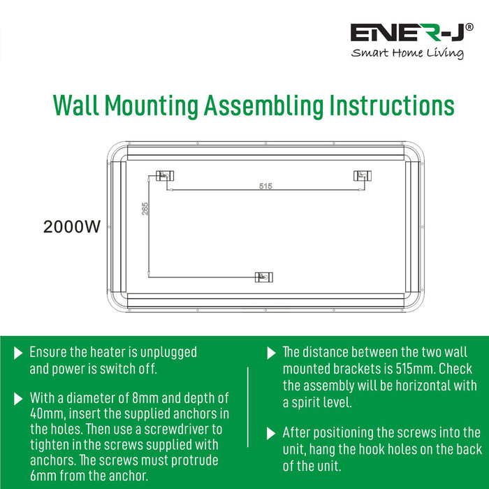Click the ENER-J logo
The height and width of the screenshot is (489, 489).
click(411, 32)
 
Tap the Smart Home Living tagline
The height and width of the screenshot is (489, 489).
click(407, 52)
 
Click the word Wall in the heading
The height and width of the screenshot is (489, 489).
click(76, 105)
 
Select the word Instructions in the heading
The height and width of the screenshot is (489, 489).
click(392, 105)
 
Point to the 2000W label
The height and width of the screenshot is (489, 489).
click(72, 227)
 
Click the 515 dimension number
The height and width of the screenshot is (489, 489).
click(265, 186)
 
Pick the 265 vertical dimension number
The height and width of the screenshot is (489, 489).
click(145, 209)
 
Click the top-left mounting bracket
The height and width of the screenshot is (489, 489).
click(165, 176)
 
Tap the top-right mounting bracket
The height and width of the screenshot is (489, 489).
click(363, 176)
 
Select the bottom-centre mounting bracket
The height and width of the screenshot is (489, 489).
click(264, 277)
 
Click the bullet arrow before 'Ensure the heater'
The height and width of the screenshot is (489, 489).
click(18, 353)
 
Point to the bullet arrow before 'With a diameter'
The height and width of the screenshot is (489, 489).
click(18, 399)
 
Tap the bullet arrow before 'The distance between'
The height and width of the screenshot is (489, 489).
click(271, 353)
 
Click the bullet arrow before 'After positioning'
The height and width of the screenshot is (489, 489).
click(271, 434)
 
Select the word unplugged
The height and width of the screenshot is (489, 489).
click(168, 353)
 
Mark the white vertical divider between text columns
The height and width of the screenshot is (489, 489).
click(248, 407)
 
